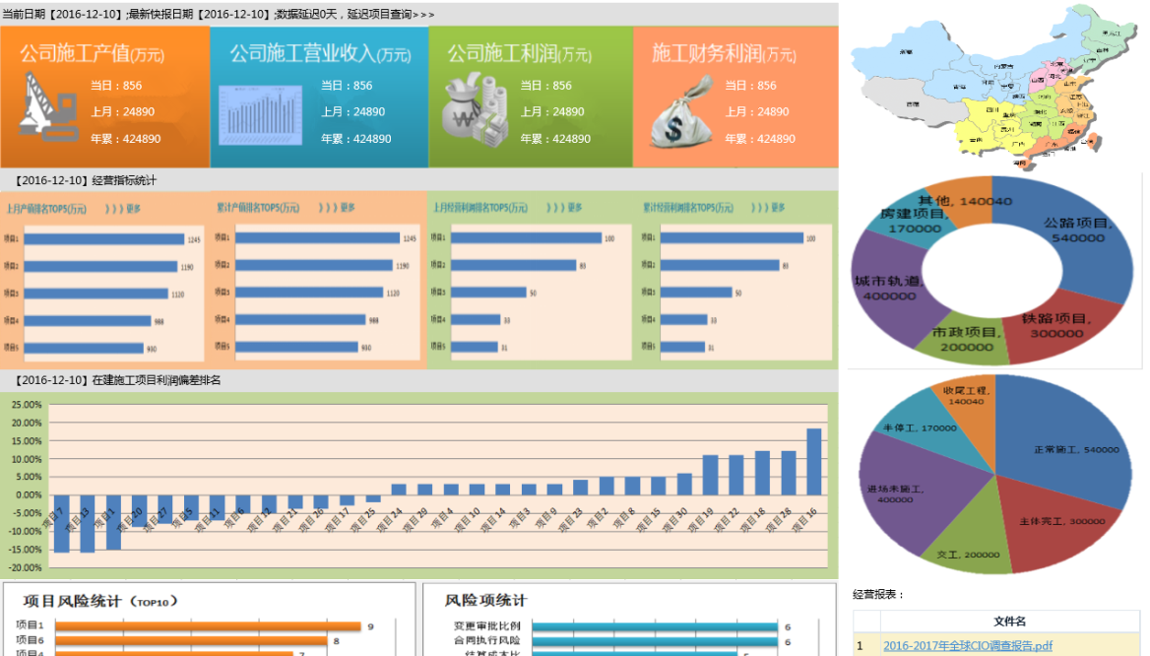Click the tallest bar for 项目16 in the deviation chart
pyautogui.click(x=814, y=461)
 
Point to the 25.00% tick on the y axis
pyautogui.click(x=26, y=405)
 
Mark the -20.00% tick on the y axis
pyautogui.click(x=26, y=568)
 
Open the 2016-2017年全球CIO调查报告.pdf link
pyautogui.click(x=967, y=646)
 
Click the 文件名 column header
pyautogui.click(x=1009, y=622)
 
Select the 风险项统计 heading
pyautogui.click(x=485, y=601)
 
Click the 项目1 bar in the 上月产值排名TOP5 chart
pyautogui.click(x=104, y=239)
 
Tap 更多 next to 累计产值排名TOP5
pyautogui.click(x=349, y=208)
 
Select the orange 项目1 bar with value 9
pyautogui.click(x=208, y=626)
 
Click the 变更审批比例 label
pyautogui.click(x=486, y=626)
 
